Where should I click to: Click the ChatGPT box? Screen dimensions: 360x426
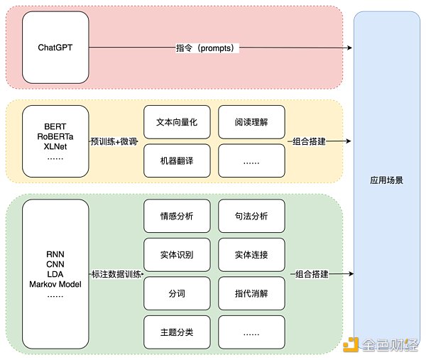point(55,48)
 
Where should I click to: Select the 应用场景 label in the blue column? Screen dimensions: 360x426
point(387,180)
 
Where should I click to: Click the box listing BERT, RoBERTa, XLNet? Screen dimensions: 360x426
point(55,141)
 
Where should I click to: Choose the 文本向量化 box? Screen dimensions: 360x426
point(177,121)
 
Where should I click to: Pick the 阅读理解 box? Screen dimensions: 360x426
point(251,121)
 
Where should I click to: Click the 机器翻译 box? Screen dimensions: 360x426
point(177,160)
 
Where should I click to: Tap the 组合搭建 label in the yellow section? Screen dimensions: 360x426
point(310,141)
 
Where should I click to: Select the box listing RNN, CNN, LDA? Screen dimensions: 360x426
point(55,273)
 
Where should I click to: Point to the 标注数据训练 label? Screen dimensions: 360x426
point(116,273)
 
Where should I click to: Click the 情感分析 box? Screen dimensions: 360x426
point(177,216)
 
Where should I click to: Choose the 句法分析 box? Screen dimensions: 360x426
point(251,216)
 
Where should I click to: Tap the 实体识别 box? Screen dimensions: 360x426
point(177,254)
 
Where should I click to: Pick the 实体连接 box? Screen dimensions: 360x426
point(251,254)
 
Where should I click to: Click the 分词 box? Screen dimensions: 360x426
point(177,293)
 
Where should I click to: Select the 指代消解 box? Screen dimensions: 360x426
point(251,293)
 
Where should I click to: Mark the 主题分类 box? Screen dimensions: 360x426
point(177,331)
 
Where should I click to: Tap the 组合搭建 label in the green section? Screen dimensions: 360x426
point(310,273)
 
